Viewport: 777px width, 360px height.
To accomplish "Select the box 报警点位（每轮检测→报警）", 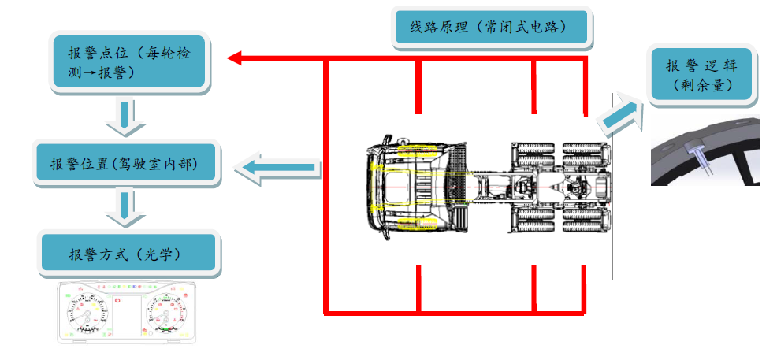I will (x=129, y=62).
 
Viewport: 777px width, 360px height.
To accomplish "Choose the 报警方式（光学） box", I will (x=130, y=254).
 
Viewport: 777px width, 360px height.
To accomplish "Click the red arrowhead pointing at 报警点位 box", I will (x=236, y=58).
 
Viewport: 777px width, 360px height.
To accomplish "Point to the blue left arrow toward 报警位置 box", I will (x=280, y=167).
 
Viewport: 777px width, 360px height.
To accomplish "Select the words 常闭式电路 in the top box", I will (x=526, y=27).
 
